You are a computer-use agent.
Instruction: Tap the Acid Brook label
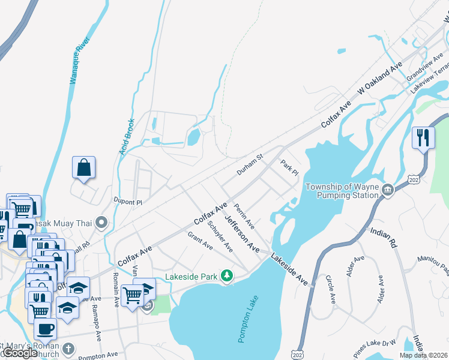127,136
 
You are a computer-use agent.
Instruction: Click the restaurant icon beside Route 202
423,137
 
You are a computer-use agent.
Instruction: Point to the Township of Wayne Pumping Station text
342,191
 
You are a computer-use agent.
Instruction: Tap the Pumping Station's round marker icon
388,191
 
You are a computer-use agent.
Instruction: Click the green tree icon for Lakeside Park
226,276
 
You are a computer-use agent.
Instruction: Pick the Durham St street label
250,164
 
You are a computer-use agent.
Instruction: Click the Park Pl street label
289,167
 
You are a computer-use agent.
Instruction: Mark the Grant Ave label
200,241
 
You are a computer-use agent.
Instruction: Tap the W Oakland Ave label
380,79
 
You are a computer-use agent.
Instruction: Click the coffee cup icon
45,329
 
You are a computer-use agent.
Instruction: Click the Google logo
20,353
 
